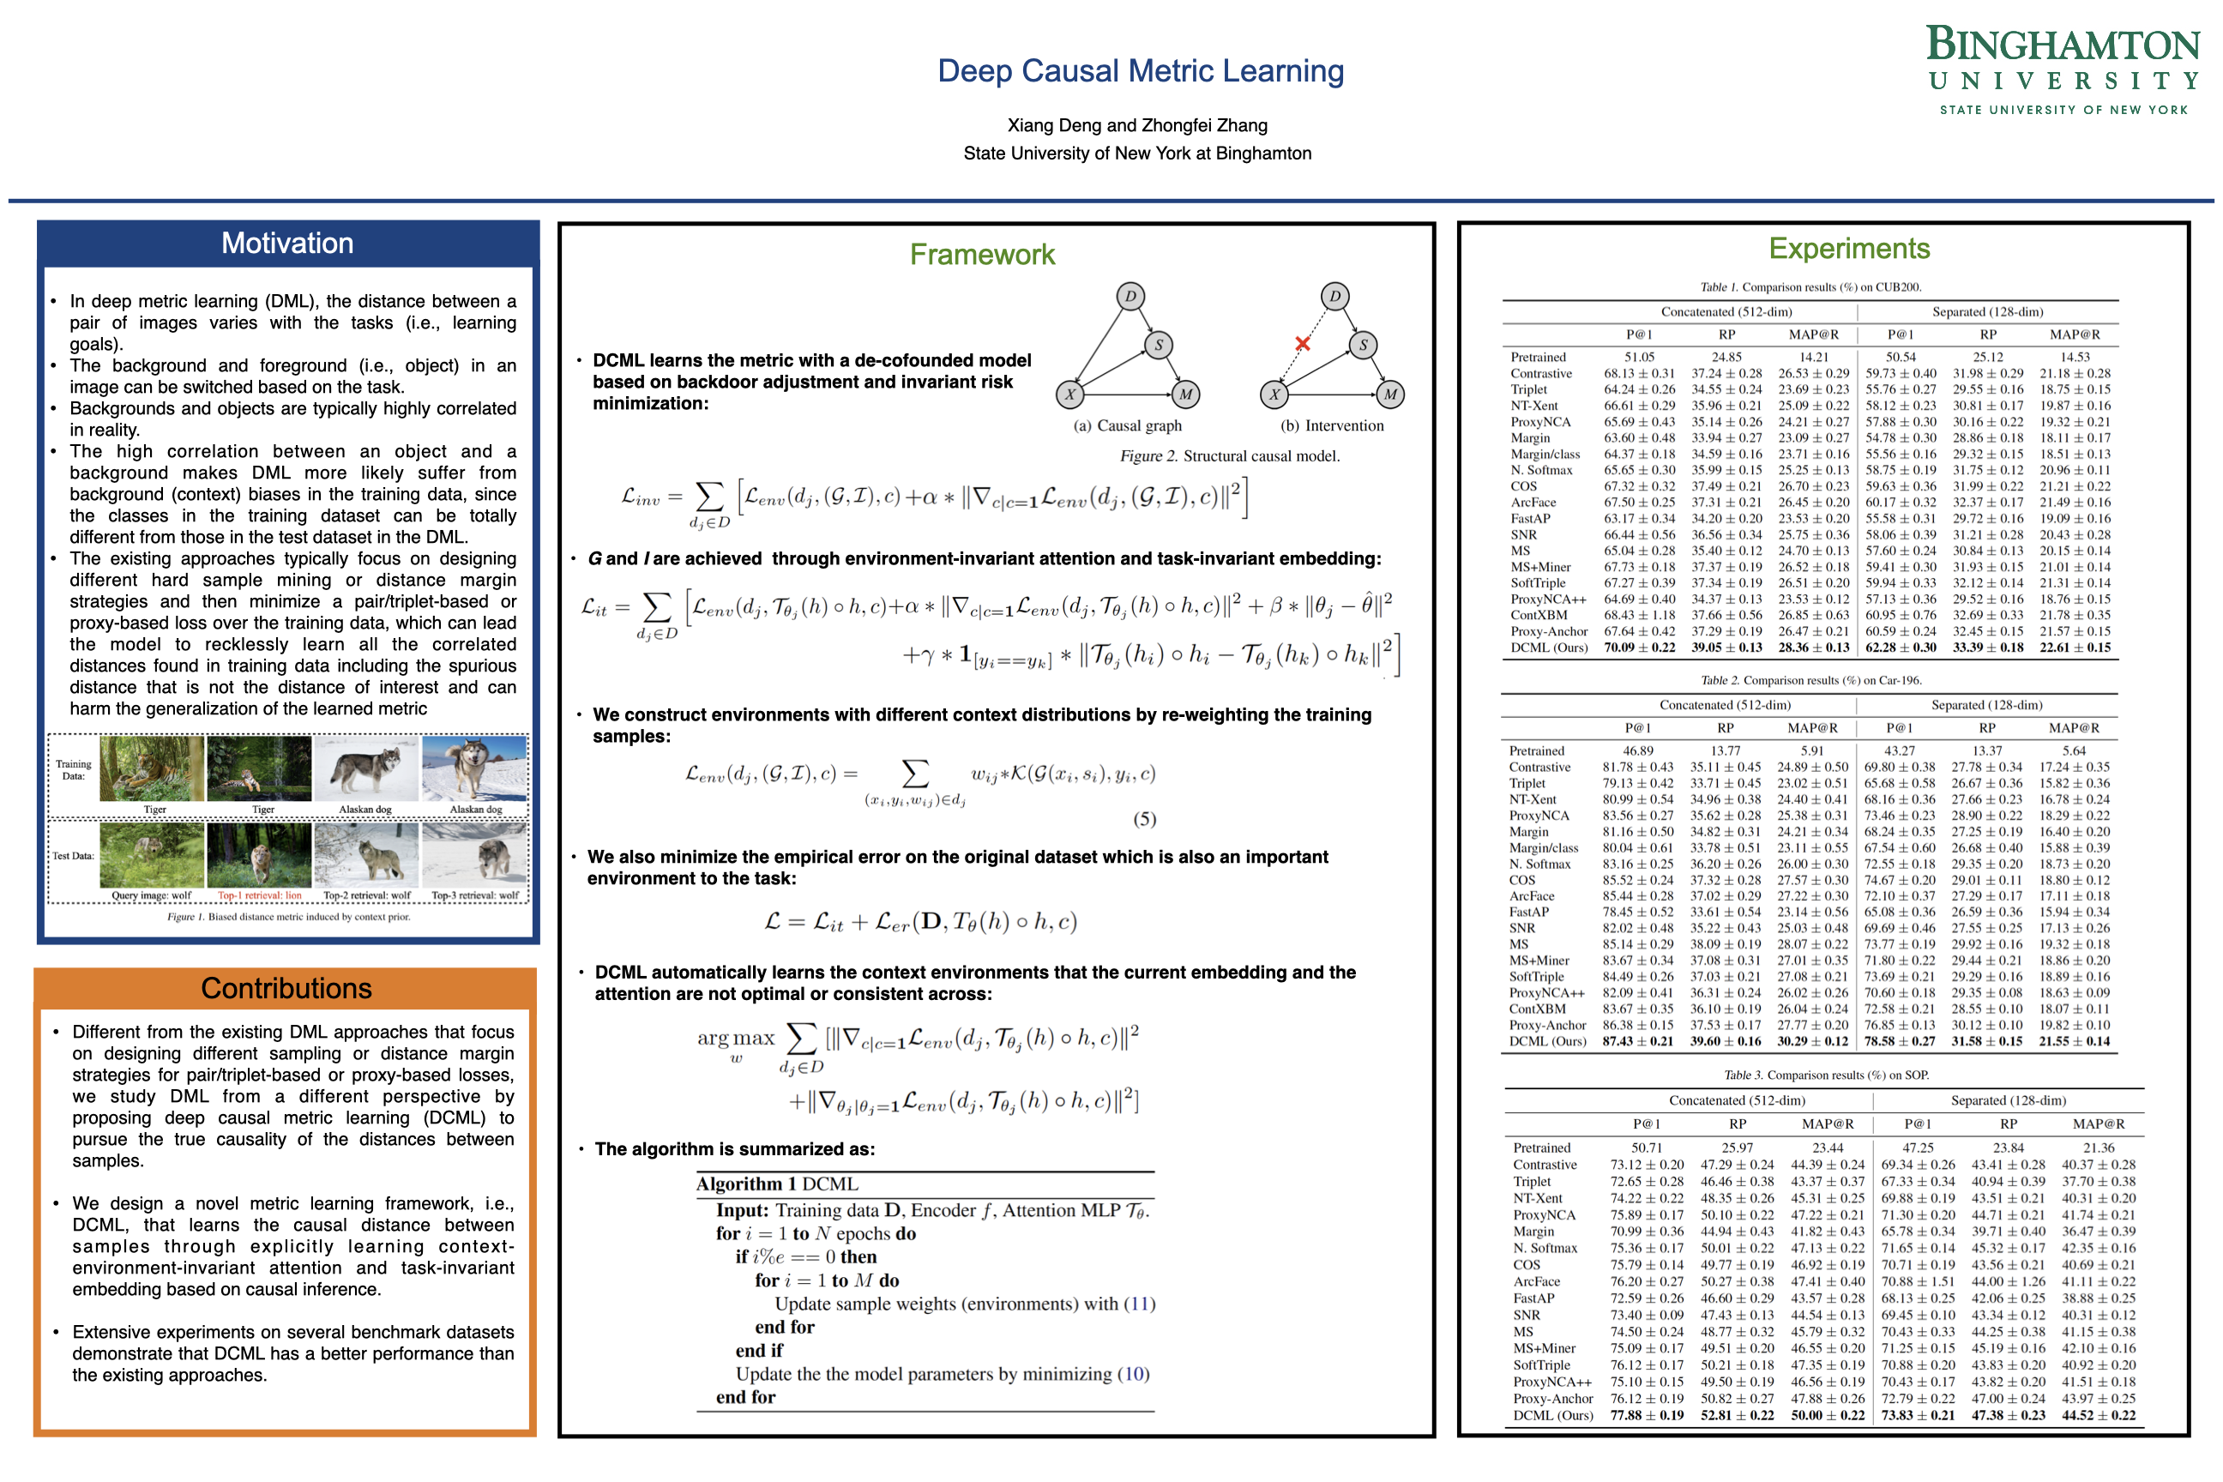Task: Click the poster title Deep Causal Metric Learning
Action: pyautogui.click(x=1140, y=71)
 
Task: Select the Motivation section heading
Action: pyautogui.click(x=287, y=243)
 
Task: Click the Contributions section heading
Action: pyautogui.click(x=286, y=988)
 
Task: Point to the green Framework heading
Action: pyautogui.click(x=982, y=254)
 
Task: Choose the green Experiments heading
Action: pyautogui.click(x=1849, y=249)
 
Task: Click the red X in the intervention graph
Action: pyautogui.click(x=1303, y=344)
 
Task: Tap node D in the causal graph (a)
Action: pyautogui.click(x=1130, y=297)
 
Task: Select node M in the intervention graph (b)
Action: pyautogui.click(x=1389, y=395)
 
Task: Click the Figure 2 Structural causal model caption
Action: pyautogui.click(x=1230, y=455)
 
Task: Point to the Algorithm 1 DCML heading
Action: pyautogui.click(x=777, y=1184)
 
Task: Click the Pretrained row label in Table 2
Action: pyautogui.click(x=1537, y=750)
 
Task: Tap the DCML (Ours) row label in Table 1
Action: pyautogui.click(x=1549, y=648)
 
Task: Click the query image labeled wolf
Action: pyautogui.click(x=151, y=855)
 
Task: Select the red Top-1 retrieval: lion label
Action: pyautogui.click(x=260, y=895)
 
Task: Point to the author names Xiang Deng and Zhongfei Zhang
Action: pyautogui.click(x=1137, y=124)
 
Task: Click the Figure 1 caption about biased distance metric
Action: pyautogui.click(x=288, y=917)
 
